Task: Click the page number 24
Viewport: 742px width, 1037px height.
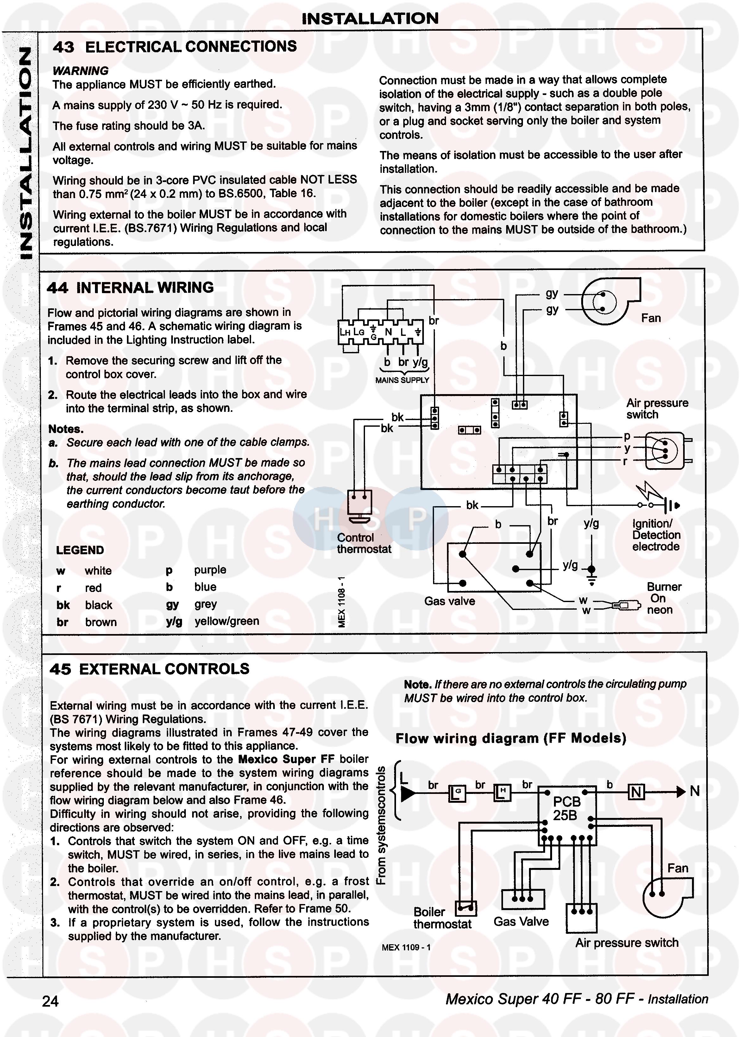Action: (x=50, y=1001)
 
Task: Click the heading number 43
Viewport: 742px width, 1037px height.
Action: (x=64, y=47)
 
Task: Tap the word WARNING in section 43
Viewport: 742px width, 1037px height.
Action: (x=80, y=71)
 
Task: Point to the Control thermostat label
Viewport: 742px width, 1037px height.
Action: (x=364, y=543)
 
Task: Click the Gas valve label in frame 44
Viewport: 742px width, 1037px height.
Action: (x=449, y=601)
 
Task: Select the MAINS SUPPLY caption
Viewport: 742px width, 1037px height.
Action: (x=402, y=380)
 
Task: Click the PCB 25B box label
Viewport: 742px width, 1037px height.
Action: (x=567, y=808)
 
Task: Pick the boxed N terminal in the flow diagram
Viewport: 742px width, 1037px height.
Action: (x=637, y=792)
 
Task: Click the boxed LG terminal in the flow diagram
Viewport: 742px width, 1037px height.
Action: (x=457, y=793)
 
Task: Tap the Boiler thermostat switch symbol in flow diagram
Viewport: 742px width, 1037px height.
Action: (x=466, y=908)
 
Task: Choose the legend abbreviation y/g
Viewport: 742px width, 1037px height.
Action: (x=174, y=621)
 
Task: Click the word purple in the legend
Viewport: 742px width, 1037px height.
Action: (x=210, y=570)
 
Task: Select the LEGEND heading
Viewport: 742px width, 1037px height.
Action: (x=80, y=550)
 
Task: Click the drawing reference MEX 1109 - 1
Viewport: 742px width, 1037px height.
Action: (x=406, y=947)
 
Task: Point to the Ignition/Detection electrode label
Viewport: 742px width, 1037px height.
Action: (x=656, y=535)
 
